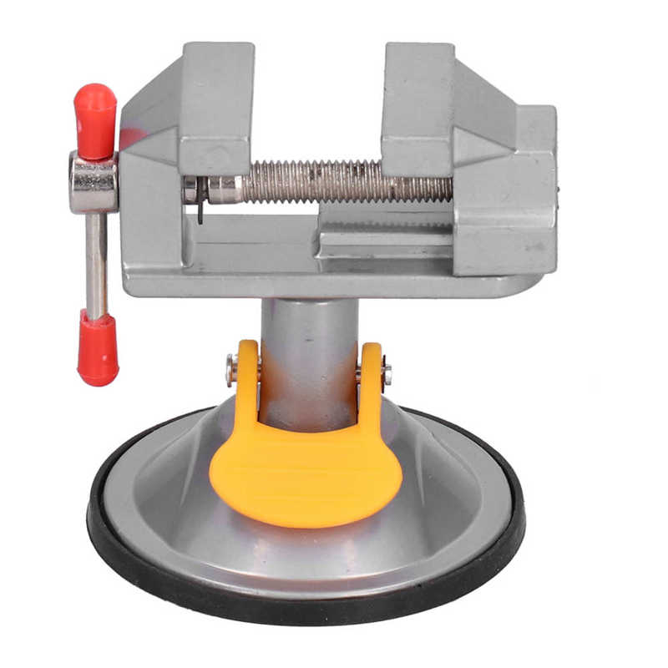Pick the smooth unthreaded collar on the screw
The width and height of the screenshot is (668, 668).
pos(225,189)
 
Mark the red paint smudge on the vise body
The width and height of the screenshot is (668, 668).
pos(129,138)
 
